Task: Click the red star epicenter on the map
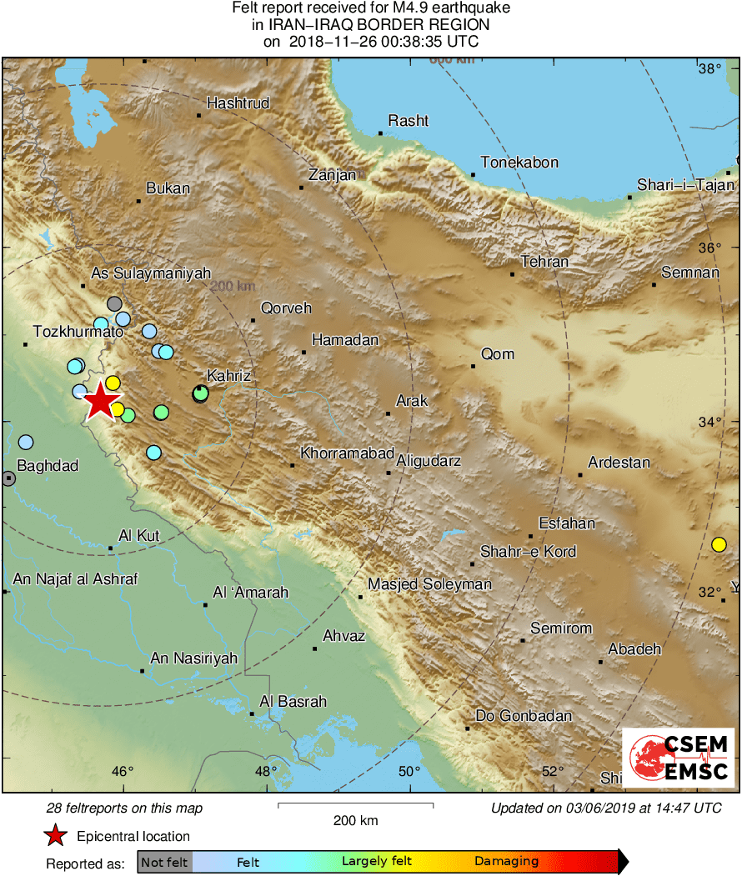[x=100, y=401]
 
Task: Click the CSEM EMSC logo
[x=679, y=757]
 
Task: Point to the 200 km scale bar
[x=355, y=805]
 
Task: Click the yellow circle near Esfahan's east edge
[x=719, y=545]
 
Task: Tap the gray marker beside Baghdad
[x=8, y=478]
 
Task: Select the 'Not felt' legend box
[x=164, y=862]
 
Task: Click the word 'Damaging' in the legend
[x=506, y=862]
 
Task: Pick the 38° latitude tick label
[x=709, y=68]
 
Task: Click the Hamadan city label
[x=344, y=340]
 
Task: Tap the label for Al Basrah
[x=293, y=702]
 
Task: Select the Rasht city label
[x=408, y=121]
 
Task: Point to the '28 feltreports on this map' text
[x=123, y=808]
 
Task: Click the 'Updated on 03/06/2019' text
[x=605, y=808]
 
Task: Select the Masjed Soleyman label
[x=429, y=584]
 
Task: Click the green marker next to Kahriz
[x=200, y=393]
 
